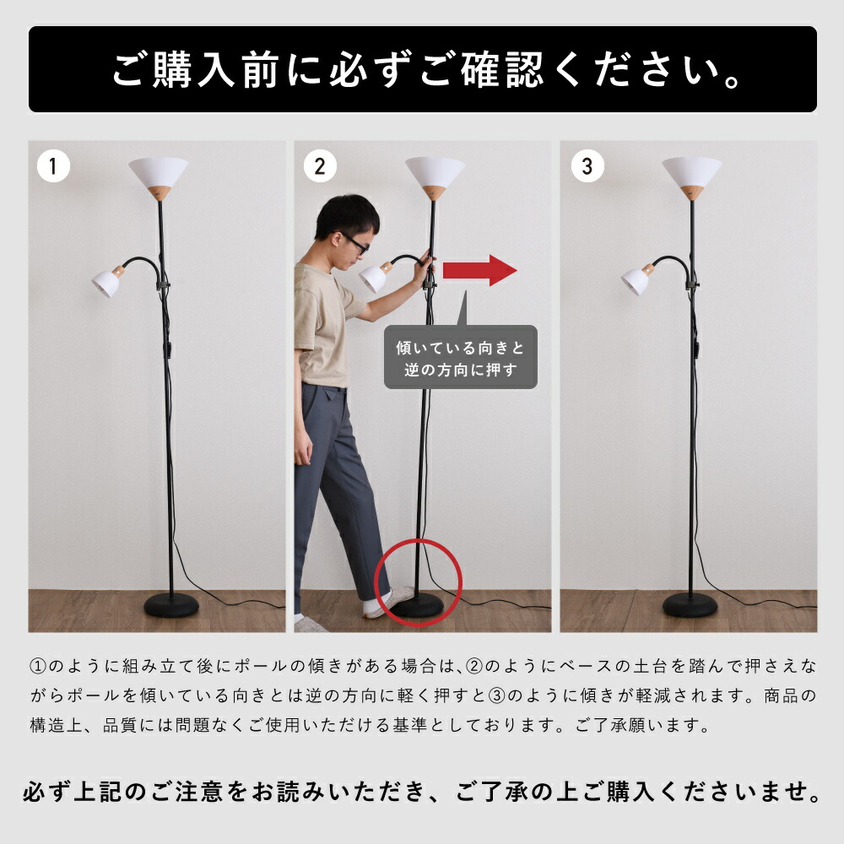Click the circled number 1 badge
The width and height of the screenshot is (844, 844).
[x=53, y=165]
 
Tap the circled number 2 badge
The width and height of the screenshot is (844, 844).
[x=320, y=165]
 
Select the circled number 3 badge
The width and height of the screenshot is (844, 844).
[x=587, y=165]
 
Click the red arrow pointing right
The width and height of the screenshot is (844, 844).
[x=479, y=270]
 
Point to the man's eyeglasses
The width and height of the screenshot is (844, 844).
[x=354, y=242]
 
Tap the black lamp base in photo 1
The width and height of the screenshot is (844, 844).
[x=171, y=605]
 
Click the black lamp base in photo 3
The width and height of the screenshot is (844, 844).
[x=690, y=605]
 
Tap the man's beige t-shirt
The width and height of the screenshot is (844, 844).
[x=323, y=323]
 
